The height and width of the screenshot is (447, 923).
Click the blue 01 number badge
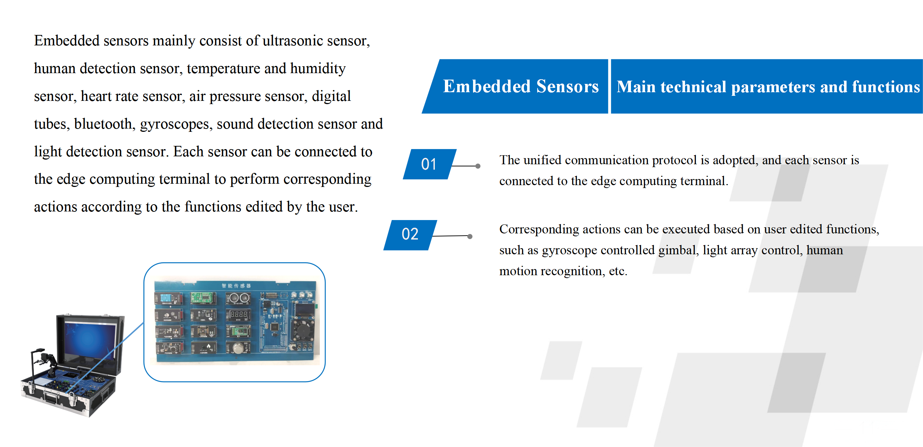[429, 164]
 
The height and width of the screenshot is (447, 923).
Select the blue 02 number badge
[410, 234]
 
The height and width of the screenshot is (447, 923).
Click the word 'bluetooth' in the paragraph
[105, 124]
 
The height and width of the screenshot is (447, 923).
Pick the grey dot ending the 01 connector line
[478, 166]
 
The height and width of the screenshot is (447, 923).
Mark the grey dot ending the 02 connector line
[470, 236]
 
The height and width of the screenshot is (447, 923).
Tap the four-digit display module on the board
[238, 314]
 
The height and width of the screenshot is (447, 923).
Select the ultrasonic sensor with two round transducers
[238, 298]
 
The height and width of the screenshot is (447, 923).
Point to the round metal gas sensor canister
[238, 348]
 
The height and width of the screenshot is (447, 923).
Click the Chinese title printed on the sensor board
[236, 286]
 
